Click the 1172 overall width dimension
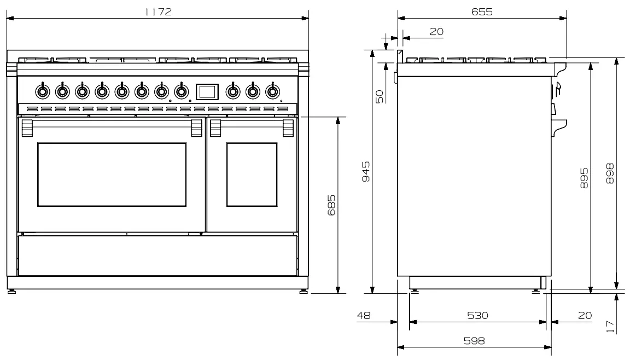(x=158, y=12)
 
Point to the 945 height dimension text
(x=366, y=172)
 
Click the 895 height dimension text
(x=584, y=178)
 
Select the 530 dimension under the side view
(x=477, y=316)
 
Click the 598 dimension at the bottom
(x=474, y=340)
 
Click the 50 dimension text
(x=379, y=96)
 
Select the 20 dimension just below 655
(x=436, y=32)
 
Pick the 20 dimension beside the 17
(x=584, y=316)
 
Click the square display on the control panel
(x=207, y=91)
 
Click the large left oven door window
(x=112, y=174)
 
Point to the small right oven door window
(x=252, y=175)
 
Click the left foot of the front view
(x=11, y=291)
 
